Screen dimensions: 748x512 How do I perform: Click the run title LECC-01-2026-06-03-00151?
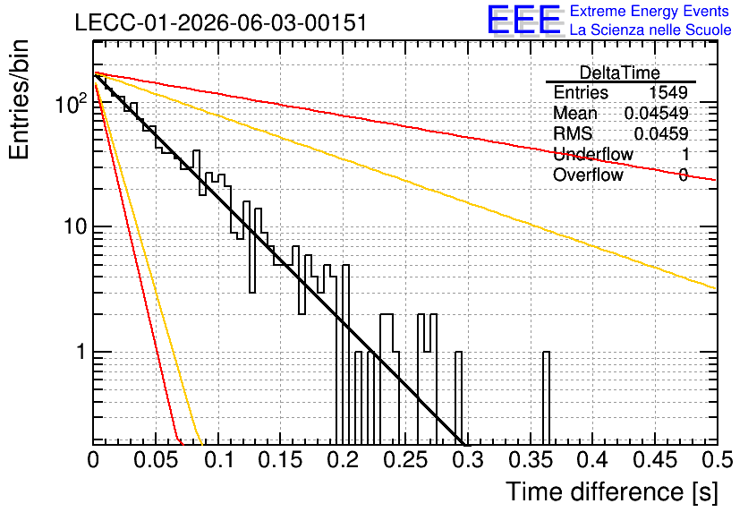pos(221,22)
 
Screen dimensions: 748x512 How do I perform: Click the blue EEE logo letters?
pos(524,20)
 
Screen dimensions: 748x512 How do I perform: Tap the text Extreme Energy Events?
pos(650,11)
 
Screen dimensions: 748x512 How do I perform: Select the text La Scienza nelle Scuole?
pos(650,30)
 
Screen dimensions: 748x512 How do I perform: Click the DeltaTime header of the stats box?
pos(620,73)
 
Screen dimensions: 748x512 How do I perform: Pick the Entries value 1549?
pos(667,92)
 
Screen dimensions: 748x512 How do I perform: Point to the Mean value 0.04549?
pos(657,113)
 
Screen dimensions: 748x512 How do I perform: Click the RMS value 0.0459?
pos(661,133)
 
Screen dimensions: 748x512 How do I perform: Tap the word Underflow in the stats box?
pos(593,154)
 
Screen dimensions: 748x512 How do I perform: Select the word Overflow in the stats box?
pos(588,175)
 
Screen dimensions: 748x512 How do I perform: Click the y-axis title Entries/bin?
pos(19,99)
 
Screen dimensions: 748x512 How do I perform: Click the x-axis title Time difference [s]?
pos(612,491)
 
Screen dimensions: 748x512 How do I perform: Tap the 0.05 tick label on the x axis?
pos(156,460)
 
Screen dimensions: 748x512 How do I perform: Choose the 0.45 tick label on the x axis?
pos(655,460)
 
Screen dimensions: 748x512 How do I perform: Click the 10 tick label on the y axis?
pos(75,226)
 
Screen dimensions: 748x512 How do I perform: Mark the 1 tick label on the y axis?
pos(81,352)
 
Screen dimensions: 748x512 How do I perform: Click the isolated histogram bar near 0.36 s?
pos(546,397)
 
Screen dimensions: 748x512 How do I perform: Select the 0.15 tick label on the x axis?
pos(280,460)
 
